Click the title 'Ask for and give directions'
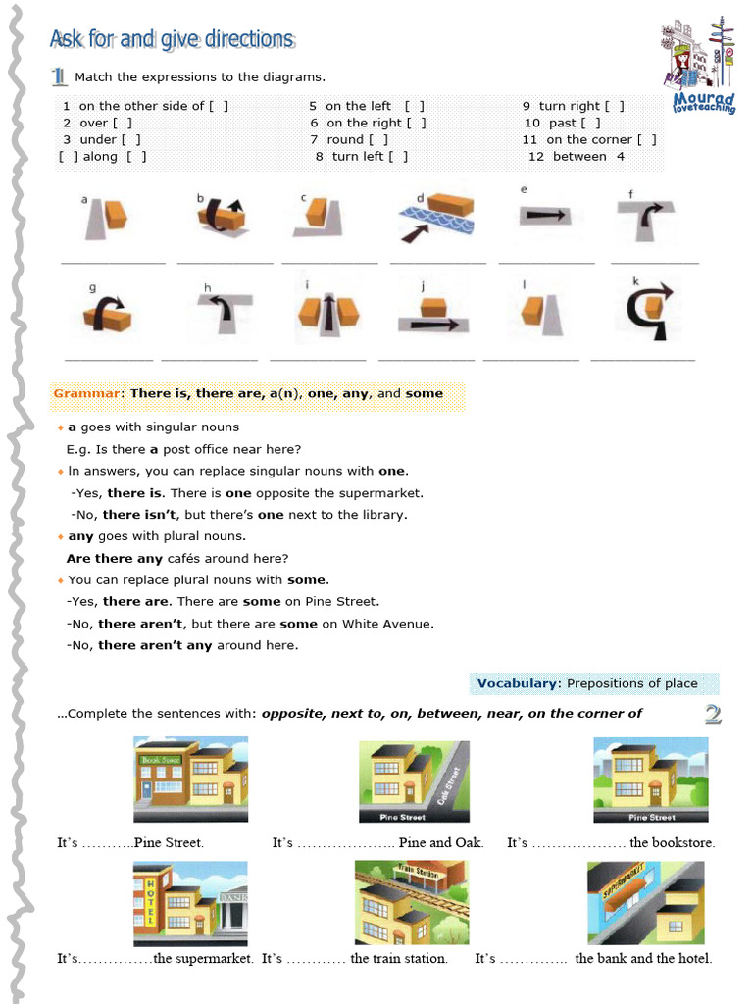(172, 39)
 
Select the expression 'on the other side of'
(141, 106)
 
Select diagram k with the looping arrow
(651, 309)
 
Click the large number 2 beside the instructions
(713, 714)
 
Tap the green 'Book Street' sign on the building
(160, 759)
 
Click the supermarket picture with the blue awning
(646, 903)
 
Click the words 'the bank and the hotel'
(643, 958)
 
